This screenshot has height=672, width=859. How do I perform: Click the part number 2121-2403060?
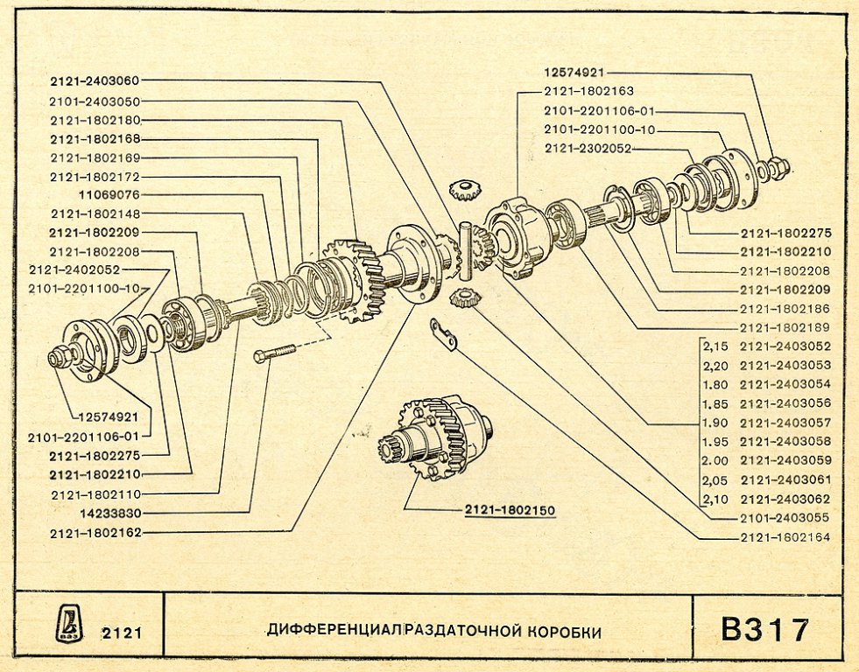pyautogui.click(x=95, y=81)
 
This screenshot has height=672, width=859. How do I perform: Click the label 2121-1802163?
pyautogui.click(x=588, y=91)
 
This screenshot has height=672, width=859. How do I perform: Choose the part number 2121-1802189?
pyautogui.click(x=785, y=327)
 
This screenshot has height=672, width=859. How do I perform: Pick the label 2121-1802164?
pyautogui.click(x=785, y=537)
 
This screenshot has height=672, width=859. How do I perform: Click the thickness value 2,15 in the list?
pyautogui.click(x=715, y=346)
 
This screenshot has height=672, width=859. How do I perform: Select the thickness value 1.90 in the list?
pyautogui.click(x=715, y=423)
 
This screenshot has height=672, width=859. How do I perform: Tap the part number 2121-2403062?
pyautogui.click(x=785, y=499)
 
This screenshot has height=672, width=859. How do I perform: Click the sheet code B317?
pyautogui.click(x=764, y=628)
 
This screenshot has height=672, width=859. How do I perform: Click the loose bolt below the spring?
pyautogui.click(x=273, y=353)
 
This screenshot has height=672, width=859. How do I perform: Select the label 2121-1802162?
pyautogui.click(x=95, y=532)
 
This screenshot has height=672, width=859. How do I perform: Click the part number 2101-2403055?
pyautogui.click(x=785, y=518)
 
